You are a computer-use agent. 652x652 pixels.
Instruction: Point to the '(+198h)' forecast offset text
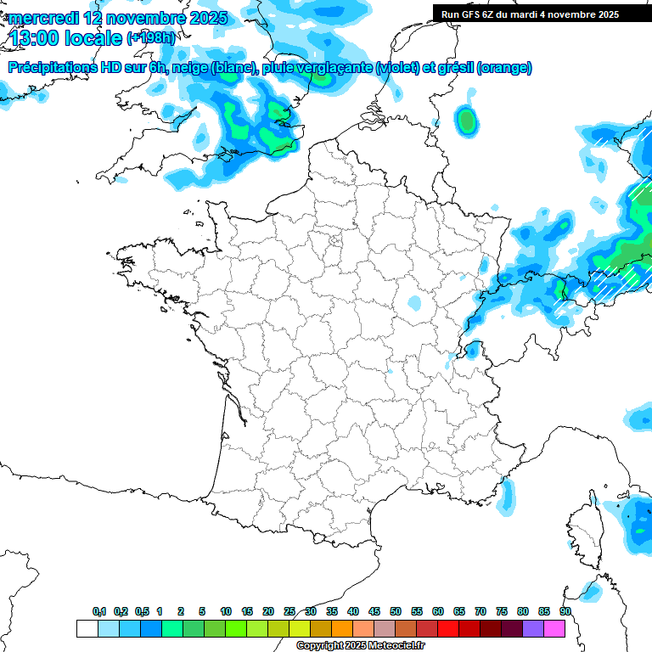[x=151, y=38]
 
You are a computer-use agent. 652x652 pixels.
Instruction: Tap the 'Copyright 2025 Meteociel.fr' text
[x=360, y=646]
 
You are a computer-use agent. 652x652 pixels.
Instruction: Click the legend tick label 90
[x=565, y=611]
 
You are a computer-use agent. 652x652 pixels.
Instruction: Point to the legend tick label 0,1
[x=99, y=611]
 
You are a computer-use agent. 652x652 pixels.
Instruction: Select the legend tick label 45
[x=374, y=611]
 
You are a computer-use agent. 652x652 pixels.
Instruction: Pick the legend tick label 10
[x=226, y=611]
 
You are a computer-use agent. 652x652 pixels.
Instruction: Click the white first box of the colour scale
[x=87, y=628]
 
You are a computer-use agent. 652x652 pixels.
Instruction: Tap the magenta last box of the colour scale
[x=554, y=628]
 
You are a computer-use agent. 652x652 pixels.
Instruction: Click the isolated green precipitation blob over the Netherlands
[x=465, y=121]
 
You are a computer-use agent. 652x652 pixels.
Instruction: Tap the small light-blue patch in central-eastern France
[x=413, y=302]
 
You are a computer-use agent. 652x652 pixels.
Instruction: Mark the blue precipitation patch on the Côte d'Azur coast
[x=508, y=496]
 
